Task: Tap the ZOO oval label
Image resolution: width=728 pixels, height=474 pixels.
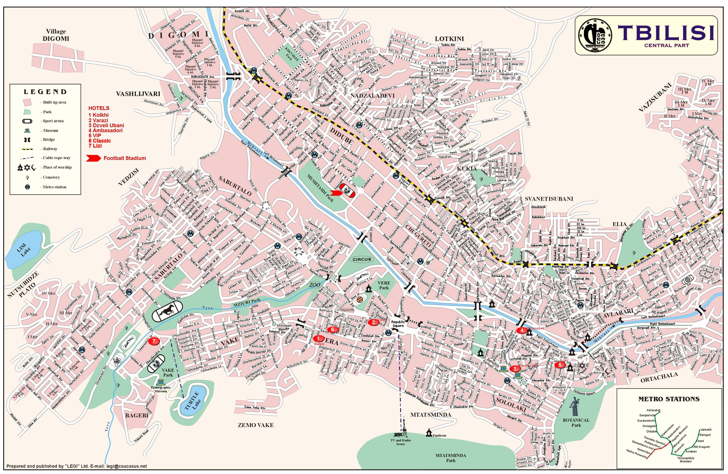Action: click(314, 285)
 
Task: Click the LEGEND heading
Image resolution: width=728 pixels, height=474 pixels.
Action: click(45, 92)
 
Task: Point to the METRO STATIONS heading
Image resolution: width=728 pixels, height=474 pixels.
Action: click(669, 399)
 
